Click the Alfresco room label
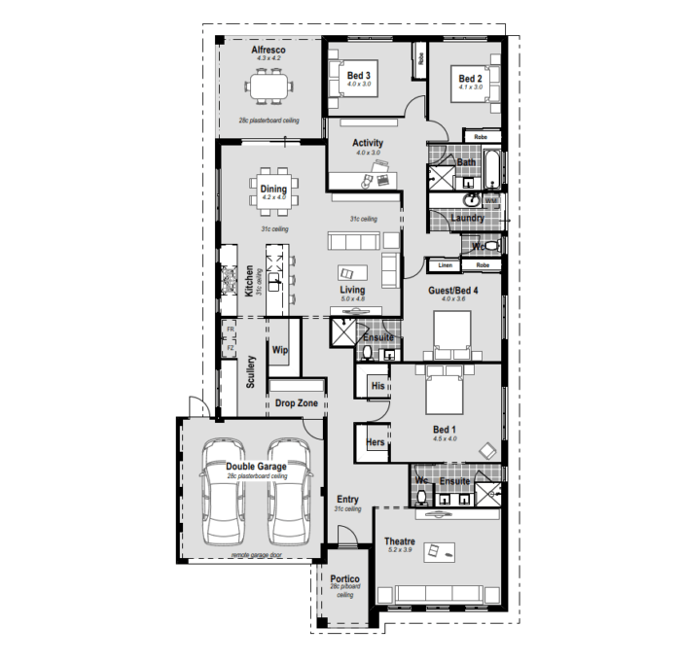tap(269, 49)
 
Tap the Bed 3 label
tap(359, 75)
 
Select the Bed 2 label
tap(470, 79)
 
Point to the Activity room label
tap(368, 143)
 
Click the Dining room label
tap(273, 189)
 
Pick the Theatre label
tap(400, 541)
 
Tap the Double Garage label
tap(256, 467)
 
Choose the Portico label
tap(344, 578)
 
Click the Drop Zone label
tap(297, 402)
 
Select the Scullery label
tap(251, 371)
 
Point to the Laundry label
tap(468, 219)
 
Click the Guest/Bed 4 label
tap(453, 290)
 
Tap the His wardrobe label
tap(378, 386)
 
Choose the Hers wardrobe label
tap(375, 442)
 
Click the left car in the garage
tap(223, 493)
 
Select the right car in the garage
tap(289, 493)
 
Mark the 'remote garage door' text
tap(256, 555)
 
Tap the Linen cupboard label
tap(446, 264)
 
